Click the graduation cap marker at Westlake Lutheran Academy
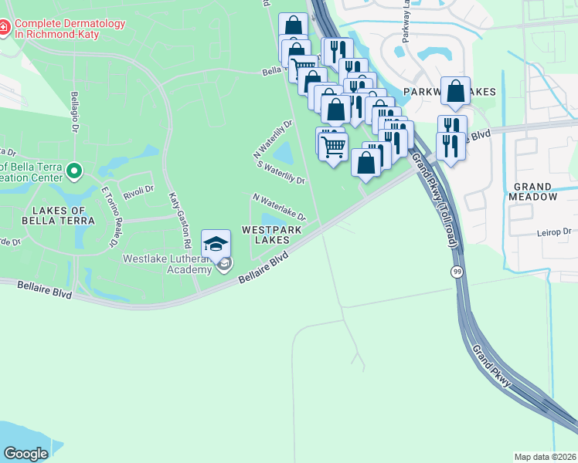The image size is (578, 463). coord(216,245)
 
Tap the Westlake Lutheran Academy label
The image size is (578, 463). coord(167,263)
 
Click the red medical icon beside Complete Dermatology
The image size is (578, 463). coord(5,29)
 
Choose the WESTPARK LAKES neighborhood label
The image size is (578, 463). coord(267,235)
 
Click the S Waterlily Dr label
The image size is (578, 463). coord(281,173)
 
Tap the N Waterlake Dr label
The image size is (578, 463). coord(280,206)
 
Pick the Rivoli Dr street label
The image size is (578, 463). coord(138,188)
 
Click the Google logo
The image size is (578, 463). coord(25,454)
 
